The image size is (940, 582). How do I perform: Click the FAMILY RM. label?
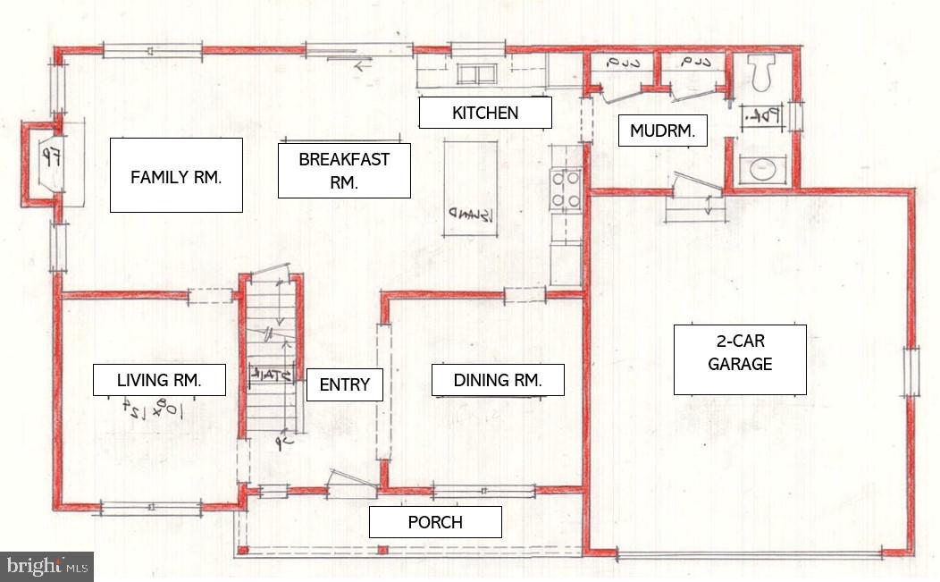click(176, 175)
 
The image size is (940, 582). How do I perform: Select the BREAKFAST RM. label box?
click(344, 171)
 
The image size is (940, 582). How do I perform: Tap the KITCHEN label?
click(485, 113)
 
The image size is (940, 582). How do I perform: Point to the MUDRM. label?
click(663, 131)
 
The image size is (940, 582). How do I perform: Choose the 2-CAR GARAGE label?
click(740, 359)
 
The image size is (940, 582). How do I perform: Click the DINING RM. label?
click(498, 380)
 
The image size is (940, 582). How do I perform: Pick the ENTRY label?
click(344, 384)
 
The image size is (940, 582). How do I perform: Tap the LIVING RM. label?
click(159, 380)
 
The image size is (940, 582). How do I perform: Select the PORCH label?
click(435, 522)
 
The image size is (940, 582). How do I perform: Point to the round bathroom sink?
click(761, 169)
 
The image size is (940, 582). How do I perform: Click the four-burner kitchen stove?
click(567, 190)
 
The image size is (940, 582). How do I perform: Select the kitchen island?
click(470, 189)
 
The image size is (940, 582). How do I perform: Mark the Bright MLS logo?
click(46, 566)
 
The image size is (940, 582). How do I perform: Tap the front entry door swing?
click(349, 483)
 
